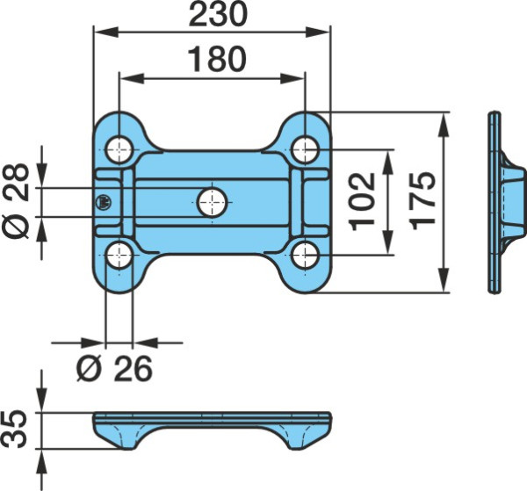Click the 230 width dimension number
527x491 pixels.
point(218,14)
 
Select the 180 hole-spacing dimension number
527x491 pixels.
point(217,59)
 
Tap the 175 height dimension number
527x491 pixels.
point(422,201)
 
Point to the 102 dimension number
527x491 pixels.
point(362,202)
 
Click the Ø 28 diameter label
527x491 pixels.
point(16,201)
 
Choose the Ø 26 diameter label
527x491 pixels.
point(114,369)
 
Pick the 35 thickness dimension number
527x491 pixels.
point(14,429)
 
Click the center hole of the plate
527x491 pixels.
point(212,202)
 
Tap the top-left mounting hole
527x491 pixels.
point(119,150)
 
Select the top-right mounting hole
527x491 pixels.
point(305,150)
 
